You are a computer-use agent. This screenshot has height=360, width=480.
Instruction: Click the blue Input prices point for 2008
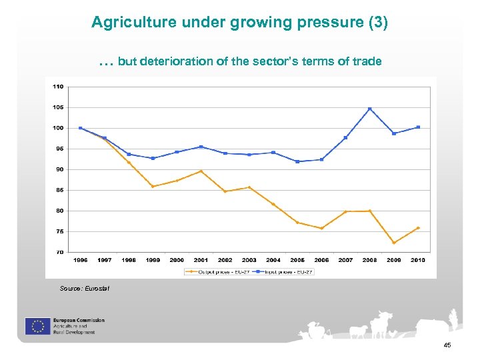click(369, 109)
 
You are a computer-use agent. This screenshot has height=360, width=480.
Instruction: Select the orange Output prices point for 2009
click(394, 243)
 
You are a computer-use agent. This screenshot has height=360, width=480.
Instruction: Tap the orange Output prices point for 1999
click(153, 187)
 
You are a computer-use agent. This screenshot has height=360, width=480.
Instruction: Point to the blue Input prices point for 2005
click(297, 161)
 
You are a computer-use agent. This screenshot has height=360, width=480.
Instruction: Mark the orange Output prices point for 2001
click(201, 171)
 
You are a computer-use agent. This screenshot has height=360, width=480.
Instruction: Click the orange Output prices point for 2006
click(321, 229)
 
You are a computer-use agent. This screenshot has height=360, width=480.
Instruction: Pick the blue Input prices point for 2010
click(418, 127)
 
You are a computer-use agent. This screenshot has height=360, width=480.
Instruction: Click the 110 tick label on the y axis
click(59, 87)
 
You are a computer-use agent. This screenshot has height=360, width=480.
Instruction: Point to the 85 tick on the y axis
click(59, 190)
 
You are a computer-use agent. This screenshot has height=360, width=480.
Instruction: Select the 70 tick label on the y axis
click(59, 252)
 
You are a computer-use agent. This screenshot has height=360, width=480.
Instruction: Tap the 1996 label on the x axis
click(80, 260)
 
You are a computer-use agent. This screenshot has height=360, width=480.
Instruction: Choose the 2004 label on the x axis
click(273, 260)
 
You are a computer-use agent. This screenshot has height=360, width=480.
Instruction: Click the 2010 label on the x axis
click(418, 260)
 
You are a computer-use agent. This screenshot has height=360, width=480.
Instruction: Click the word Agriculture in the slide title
click(127, 23)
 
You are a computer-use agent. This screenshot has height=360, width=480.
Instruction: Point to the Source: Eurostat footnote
click(84, 288)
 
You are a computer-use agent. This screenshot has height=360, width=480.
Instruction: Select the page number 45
click(447, 345)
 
